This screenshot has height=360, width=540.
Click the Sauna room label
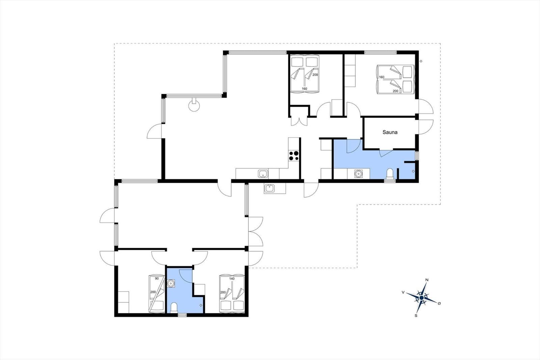pyautogui.click(x=390, y=132)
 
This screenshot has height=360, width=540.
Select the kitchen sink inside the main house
pyautogui.click(x=263, y=174)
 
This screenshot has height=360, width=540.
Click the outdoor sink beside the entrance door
pyautogui.click(x=270, y=188)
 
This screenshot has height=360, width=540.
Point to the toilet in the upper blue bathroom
pyautogui.click(x=390, y=174)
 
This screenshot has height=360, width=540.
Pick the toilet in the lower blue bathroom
pyautogui.click(x=174, y=308)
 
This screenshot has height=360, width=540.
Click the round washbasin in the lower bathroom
pyautogui.click(x=171, y=283)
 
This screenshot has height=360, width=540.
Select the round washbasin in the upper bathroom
pyautogui.click(x=358, y=174)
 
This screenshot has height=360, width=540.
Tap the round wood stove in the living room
pyautogui.click(x=194, y=106)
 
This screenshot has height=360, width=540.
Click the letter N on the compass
pyautogui.click(x=427, y=280)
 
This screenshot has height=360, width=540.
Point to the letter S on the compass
pyautogui.click(x=416, y=315)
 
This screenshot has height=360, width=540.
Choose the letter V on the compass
pyautogui.click(x=403, y=292)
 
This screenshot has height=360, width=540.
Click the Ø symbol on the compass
pyautogui.click(x=439, y=303)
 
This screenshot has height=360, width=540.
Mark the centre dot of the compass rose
pyautogui.click(x=422, y=298)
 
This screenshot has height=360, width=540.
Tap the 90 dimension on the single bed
pyautogui.click(x=157, y=279)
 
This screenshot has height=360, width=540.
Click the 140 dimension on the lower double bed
pyautogui.click(x=232, y=279)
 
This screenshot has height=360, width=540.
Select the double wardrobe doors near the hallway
pyautogui.click(x=299, y=121)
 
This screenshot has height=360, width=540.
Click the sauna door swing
pyautogui.click(x=385, y=153)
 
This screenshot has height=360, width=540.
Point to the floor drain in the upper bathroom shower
pyautogui.click(x=413, y=171)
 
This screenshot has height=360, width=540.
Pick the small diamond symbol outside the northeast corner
pyautogui.click(x=421, y=61)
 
